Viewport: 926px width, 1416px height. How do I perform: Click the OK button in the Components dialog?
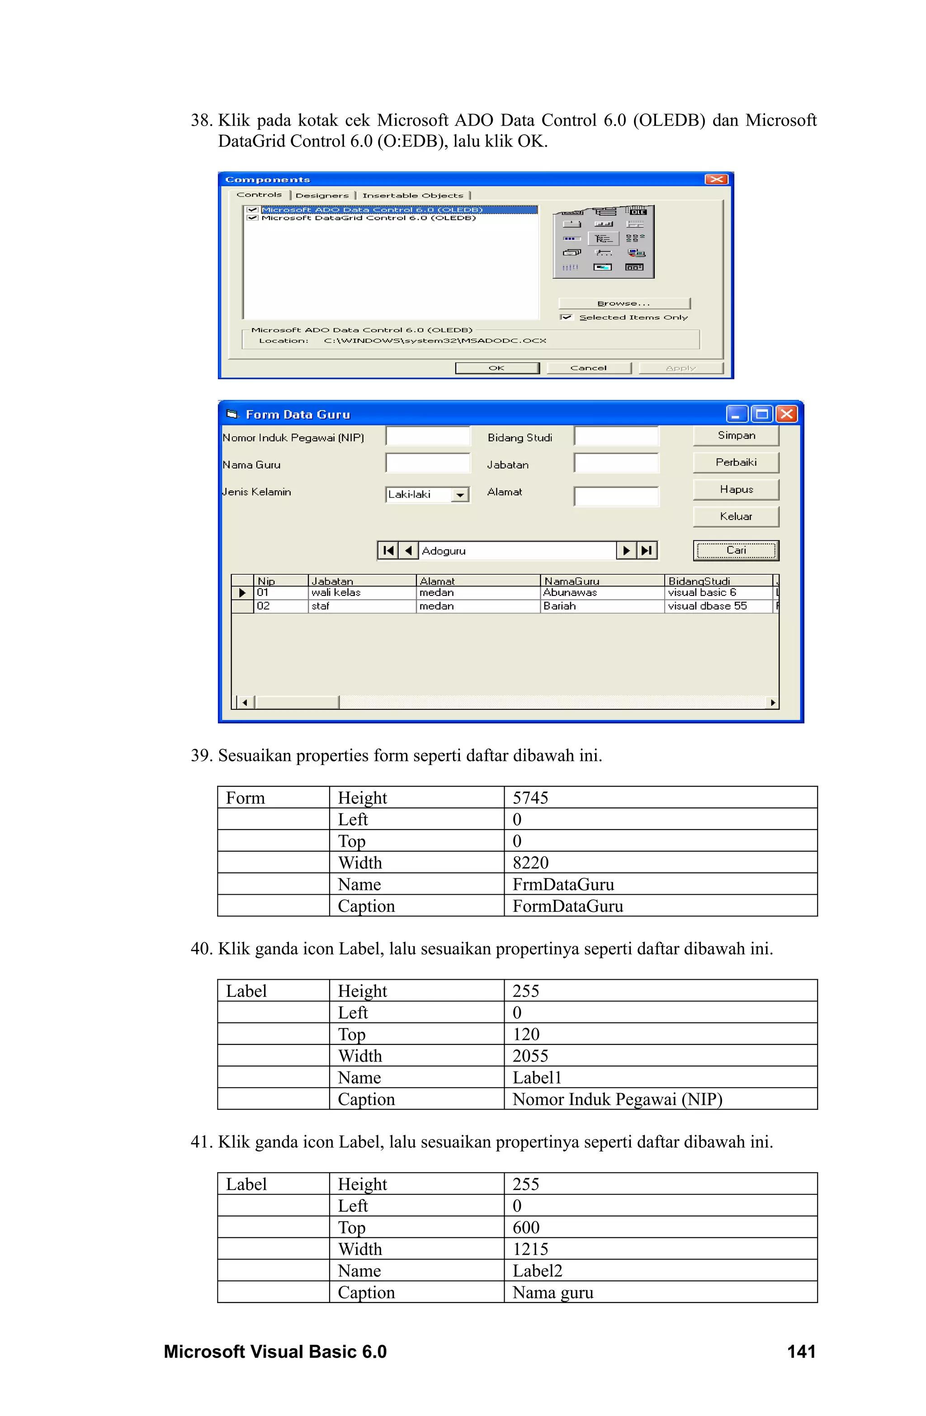coord(496,368)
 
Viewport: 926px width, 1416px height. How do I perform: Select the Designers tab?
coord(322,195)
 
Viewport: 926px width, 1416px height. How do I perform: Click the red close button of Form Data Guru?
coord(786,414)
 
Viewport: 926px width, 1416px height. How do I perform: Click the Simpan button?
coord(736,435)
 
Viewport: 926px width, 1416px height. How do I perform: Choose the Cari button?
coord(736,550)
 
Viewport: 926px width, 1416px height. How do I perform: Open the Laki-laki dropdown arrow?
coord(459,495)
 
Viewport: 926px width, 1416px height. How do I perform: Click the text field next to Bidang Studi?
coord(616,436)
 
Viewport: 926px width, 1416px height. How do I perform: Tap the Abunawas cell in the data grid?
coord(570,593)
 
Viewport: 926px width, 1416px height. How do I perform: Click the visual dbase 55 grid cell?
coord(707,606)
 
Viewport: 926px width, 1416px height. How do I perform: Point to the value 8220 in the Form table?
coord(530,862)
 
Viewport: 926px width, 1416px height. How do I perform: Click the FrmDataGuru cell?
coord(563,884)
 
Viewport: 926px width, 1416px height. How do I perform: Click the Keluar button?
coord(736,516)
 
